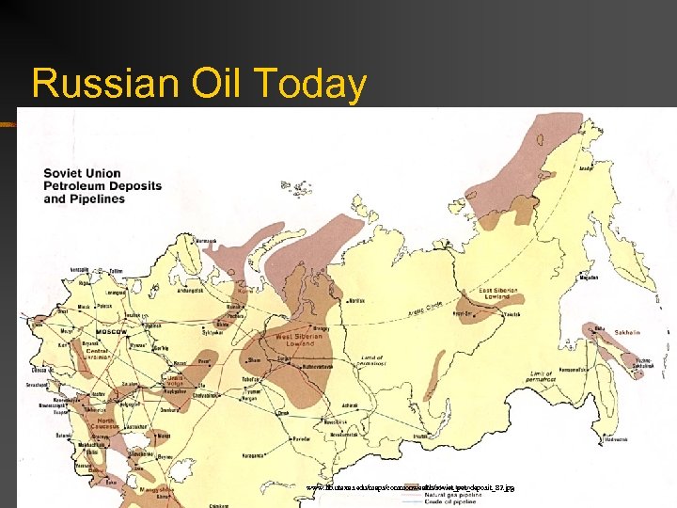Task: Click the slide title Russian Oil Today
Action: coord(198,83)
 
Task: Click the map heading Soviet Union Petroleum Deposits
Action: coord(102,185)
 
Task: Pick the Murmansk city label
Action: coord(209,241)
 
